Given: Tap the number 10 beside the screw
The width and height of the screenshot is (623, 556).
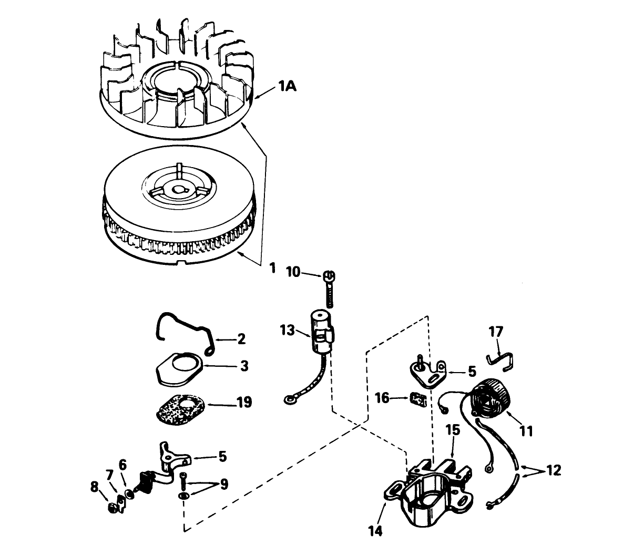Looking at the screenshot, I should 294,272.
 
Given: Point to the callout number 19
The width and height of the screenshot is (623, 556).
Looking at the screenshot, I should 244,403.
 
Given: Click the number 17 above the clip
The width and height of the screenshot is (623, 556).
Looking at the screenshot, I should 496,332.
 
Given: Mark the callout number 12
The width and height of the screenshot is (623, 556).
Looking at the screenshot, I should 554,469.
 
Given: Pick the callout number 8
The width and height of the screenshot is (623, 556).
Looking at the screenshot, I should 95,487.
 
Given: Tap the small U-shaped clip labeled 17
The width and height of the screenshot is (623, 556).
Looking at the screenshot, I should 501,359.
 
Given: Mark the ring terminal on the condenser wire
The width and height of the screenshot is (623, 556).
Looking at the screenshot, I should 289,401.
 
